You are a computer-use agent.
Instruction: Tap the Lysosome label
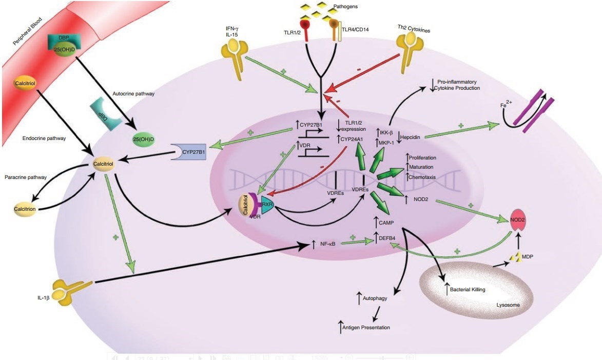click(508, 305)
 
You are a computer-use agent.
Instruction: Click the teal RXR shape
click(267, 204)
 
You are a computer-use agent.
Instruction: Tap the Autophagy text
click(375, 298)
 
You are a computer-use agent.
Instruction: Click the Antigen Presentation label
click(367, 327)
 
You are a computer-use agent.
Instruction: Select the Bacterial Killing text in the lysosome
click(467, 290)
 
